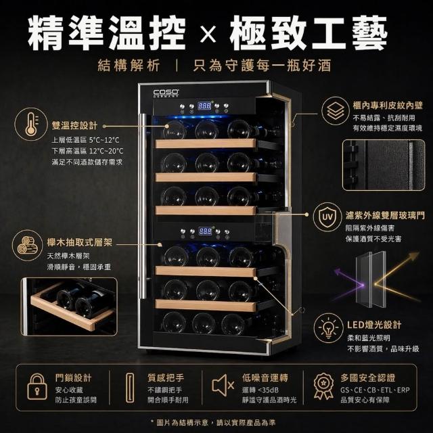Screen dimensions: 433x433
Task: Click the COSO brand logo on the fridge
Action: (166, 93)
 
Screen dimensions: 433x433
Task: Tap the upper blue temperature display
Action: (204, 106)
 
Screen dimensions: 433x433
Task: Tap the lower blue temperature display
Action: (206, 231)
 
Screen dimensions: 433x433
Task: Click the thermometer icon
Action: (31, 124)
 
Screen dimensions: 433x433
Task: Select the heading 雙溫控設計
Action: (74, 125)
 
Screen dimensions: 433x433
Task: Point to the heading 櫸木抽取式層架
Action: (80, 243)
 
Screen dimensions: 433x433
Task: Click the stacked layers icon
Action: (336, 111)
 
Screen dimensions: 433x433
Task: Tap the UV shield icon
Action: (327, 217)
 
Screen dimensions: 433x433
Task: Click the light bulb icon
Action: (328, 327)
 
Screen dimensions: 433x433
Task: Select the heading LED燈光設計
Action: (374, 325)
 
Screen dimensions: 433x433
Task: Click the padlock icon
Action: (37, 386)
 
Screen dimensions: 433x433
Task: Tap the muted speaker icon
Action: (223, 385)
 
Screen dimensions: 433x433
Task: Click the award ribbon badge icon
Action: (323, 386)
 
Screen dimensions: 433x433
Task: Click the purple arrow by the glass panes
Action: (348, 284)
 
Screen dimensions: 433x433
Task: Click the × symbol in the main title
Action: (208, 35)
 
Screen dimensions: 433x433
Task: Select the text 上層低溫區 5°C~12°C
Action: (86, 140)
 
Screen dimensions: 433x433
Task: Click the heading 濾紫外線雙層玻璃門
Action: (385, 216)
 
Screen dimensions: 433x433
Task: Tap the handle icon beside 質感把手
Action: (130, 388)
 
